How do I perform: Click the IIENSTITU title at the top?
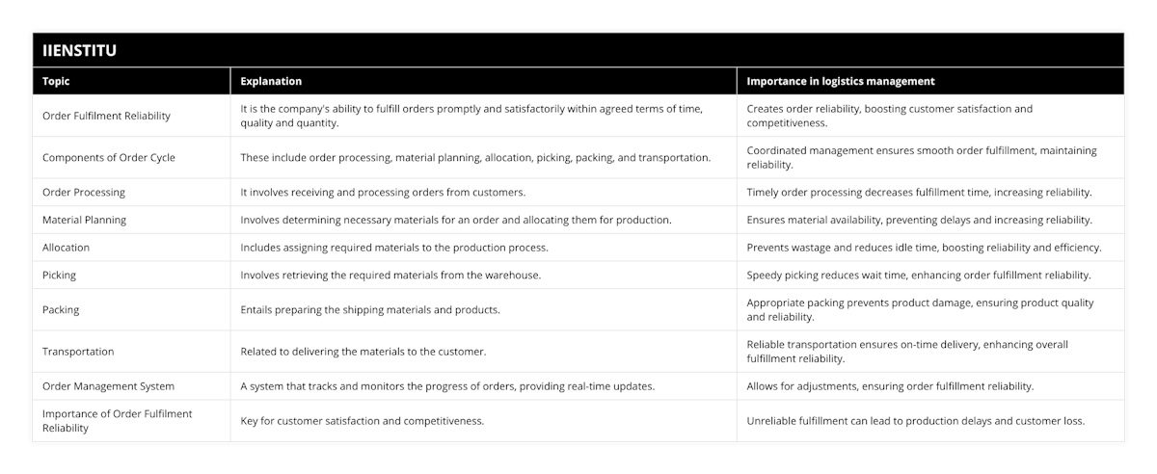(80, 51)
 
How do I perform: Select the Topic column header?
(57, 81)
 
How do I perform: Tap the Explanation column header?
(271, 81)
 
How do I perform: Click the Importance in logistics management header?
(841, 81)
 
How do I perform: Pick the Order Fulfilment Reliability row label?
(106, 116)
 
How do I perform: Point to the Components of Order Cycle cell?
(109, 157)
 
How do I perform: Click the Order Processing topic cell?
(84, 192)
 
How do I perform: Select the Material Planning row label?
(85, 220)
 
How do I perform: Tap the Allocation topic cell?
(67, 248)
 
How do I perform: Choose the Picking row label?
(60, 275)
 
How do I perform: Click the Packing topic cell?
(62, 309)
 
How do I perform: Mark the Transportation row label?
(78, 352)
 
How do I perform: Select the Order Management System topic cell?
(109, 386)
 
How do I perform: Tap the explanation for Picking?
(390, 275)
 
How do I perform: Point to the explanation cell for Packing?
(370, 309)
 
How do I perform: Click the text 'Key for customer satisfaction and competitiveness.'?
(362, 420)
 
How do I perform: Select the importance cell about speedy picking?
(919, 275)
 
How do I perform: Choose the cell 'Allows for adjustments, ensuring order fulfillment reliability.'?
(890, 386)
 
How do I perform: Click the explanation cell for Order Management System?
(447, 386)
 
